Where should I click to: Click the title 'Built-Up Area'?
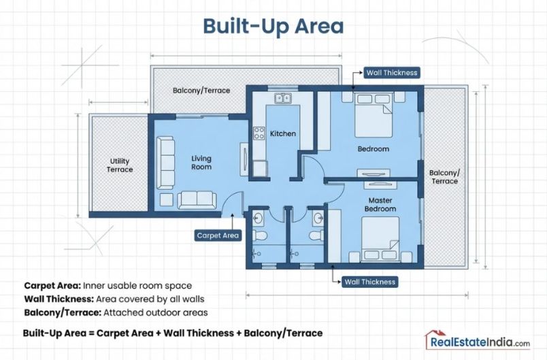pos(273,26)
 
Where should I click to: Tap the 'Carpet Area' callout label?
pos(218,235)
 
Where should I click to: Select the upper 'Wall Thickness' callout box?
pos(391,72)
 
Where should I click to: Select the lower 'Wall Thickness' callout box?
pos(369,281)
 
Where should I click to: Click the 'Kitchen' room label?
pos(283,133)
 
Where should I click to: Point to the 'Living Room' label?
pos(201,162)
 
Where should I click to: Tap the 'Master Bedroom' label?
pos(382,204)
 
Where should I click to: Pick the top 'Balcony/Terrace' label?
pos(201,90)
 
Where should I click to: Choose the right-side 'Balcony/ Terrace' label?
pos(444,177)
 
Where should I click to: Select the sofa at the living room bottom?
pos(197,200)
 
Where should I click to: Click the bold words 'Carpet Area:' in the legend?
pos(51,285)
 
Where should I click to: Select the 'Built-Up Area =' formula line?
pos(172,333)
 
